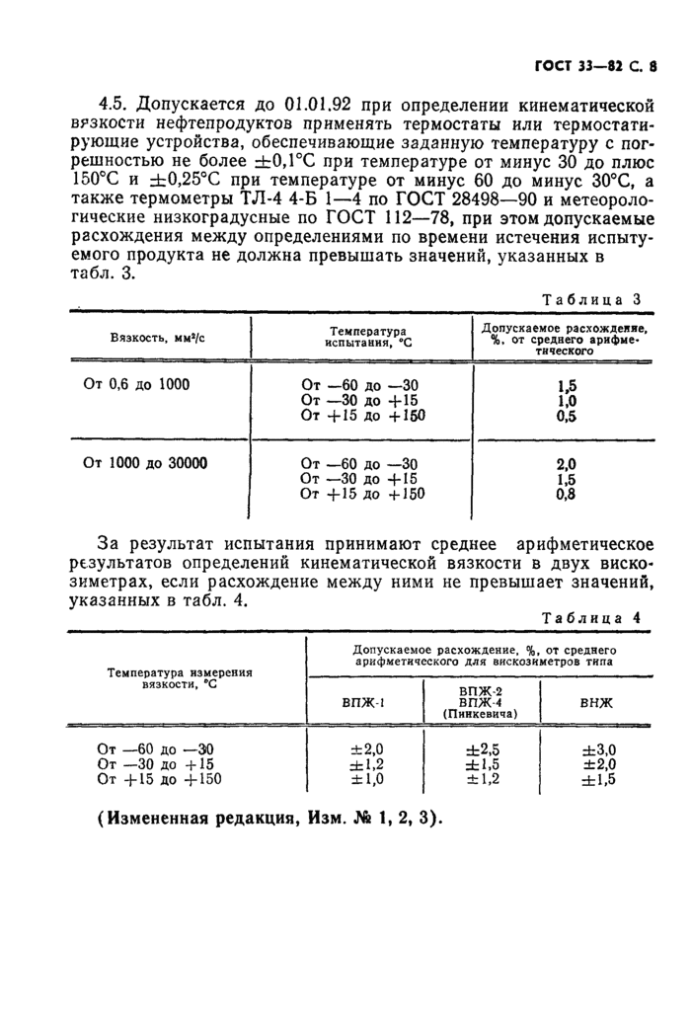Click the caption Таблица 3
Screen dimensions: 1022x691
click(592, 300)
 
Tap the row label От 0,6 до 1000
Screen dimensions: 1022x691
click(136, 383)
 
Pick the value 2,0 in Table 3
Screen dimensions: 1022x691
click(566, 464)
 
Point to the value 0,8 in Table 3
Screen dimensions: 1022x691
click(566, 496)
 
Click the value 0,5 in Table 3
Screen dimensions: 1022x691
click(566, 417)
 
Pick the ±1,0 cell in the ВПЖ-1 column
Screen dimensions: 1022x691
click(366, 779)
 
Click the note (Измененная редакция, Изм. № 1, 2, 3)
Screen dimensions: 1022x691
click(271, 820)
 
